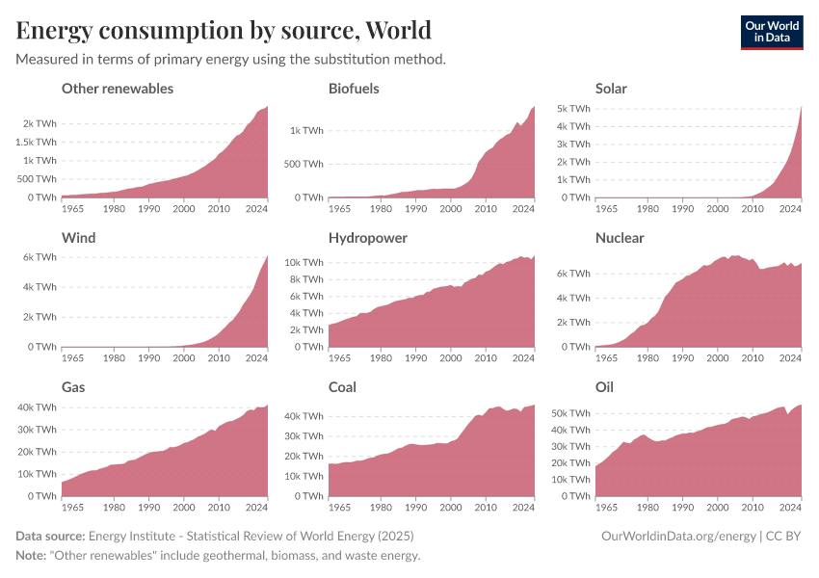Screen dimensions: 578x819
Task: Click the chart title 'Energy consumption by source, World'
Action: [224, 30]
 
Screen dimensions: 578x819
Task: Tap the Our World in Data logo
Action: [771, 32]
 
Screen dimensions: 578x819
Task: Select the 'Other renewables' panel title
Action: [118, 89]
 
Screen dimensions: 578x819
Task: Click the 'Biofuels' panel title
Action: [354, 89]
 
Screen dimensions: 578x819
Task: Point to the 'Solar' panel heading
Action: [611, 89]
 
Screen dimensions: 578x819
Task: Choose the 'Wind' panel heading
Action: [79, 238]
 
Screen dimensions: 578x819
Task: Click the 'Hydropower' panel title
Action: [367, 238]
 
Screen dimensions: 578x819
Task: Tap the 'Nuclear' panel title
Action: [620, 238]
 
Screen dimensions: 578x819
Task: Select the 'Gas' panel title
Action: [74, 387]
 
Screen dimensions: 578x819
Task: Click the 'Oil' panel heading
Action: [604, 387]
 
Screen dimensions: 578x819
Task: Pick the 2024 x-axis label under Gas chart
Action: [256, 508]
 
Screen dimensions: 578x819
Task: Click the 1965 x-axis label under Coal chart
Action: [341, 508]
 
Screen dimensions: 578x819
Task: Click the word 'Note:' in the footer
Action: [34, 556]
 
